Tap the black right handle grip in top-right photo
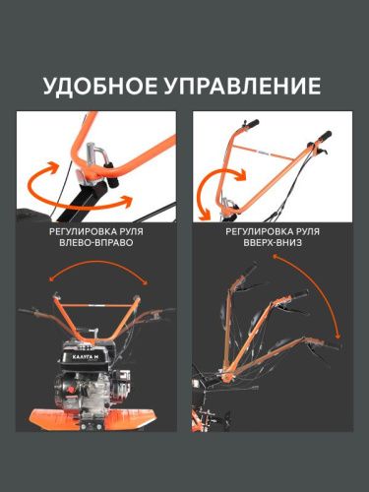point(324,134)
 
